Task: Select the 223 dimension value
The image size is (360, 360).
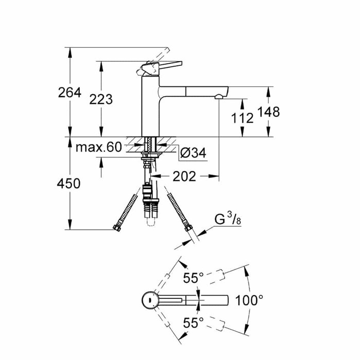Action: click(101, 99)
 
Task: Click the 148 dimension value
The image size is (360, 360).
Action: click(268, 112)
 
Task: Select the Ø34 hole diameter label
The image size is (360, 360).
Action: click(193, 152)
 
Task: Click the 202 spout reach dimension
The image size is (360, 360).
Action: click(185, 176)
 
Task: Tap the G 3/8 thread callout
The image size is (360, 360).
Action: click(228, 220)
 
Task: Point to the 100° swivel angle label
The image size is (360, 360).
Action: click(249, 299)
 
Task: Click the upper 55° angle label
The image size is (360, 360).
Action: click(193, 278)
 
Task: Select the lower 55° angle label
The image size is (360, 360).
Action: click(193, 323)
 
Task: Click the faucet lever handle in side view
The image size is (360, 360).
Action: click(165, 66)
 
